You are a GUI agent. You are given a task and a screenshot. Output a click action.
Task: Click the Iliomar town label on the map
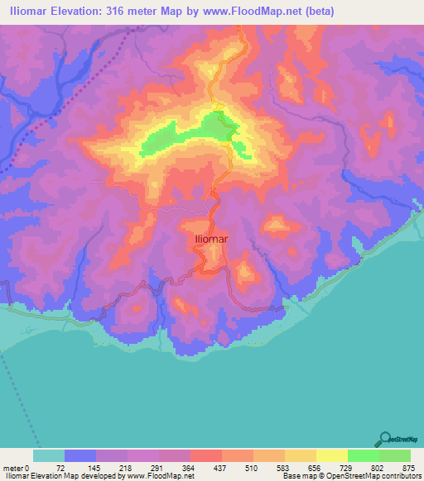210,240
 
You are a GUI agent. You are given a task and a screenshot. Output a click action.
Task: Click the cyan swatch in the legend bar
49,455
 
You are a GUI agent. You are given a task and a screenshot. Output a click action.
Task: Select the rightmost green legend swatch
394,455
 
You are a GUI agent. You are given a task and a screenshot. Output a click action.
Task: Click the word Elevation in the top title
76,11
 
